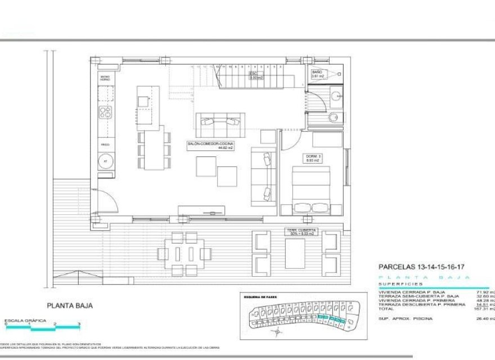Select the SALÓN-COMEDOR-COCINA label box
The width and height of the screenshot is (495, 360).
[210, 146]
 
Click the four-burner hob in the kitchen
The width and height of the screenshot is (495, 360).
[105, 112]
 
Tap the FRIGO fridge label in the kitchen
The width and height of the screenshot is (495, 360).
[105, 145]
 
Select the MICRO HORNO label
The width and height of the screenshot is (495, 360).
[105, 78]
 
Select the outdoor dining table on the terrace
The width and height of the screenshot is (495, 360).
[183, 254]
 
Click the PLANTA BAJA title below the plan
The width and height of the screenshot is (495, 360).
[70, 306]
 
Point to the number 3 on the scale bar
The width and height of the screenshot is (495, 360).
[79, 324]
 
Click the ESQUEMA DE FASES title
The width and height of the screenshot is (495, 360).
[260, 296]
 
